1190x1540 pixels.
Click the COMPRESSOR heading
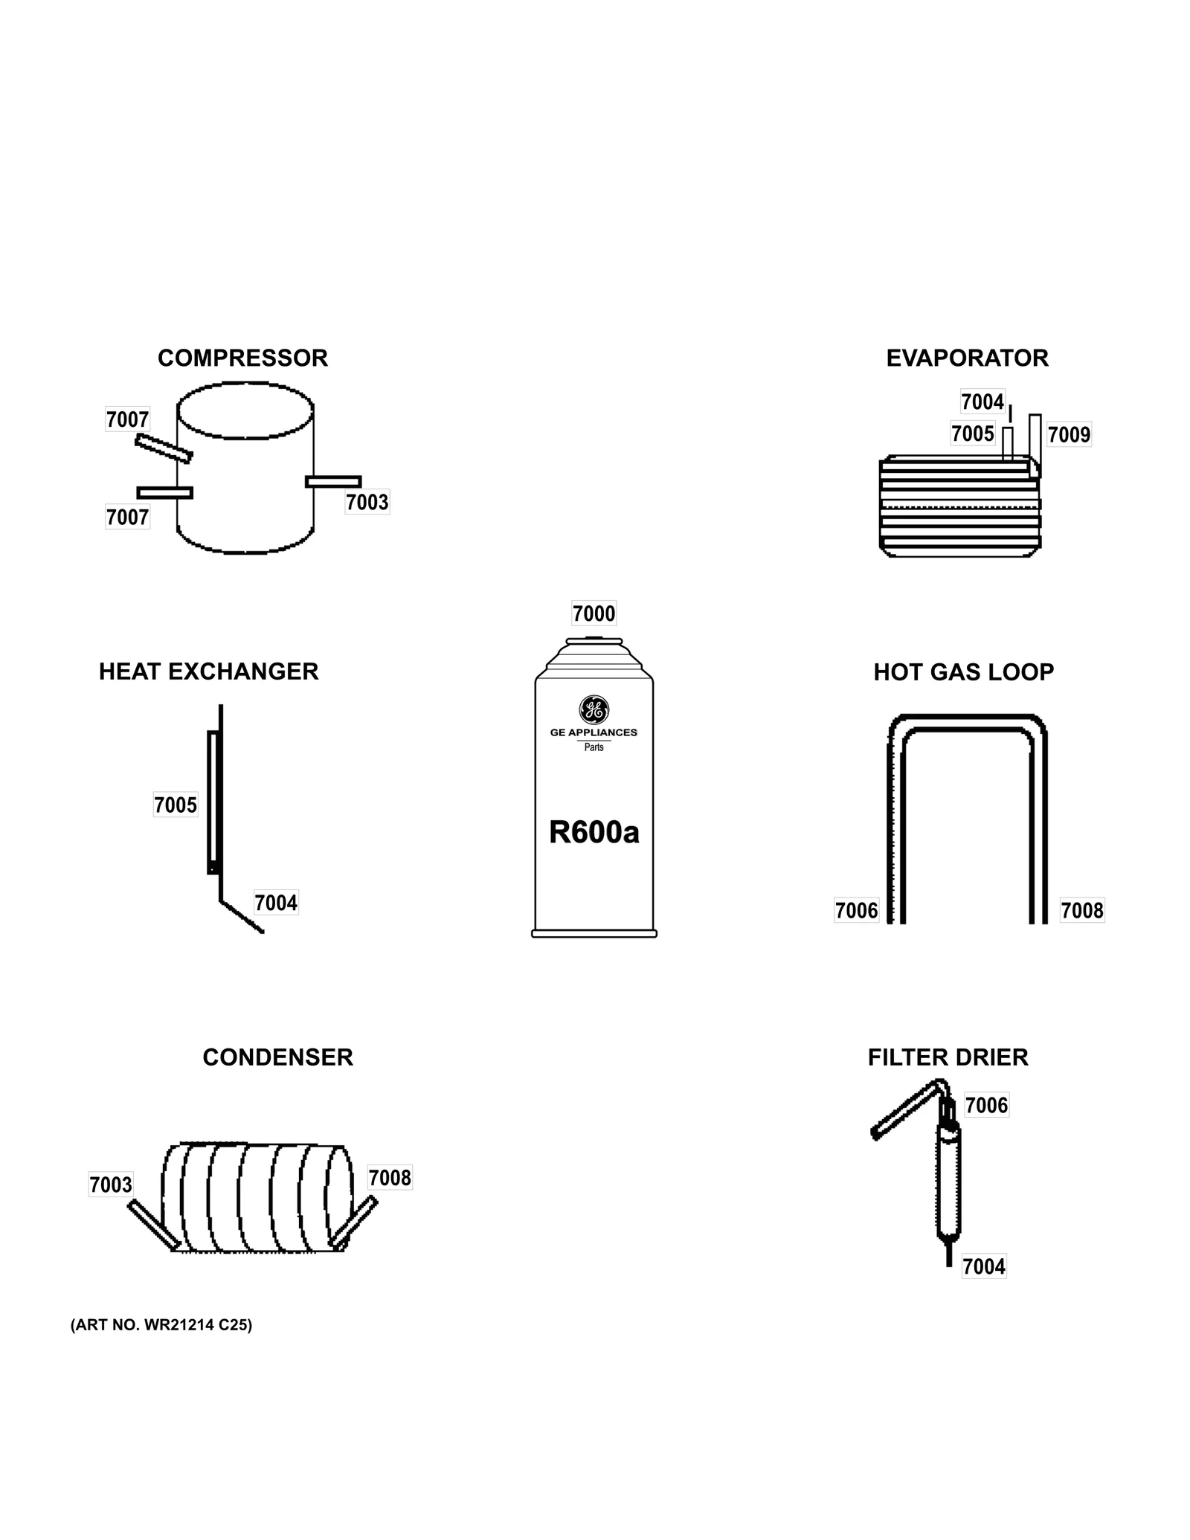pos(242,358)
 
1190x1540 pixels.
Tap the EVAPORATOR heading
pos(967,358)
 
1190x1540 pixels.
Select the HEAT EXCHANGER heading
pos(208,671)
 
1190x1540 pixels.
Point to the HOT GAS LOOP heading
pos(963,672)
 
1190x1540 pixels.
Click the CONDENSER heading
pos(277,1057)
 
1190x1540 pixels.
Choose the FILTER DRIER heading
pos(948,1057)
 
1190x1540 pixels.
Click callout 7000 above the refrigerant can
pos(594,614)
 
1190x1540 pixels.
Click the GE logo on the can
pos(594,709)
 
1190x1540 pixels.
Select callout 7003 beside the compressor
pos(367,503)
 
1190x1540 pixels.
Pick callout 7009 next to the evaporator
pos(1069,435)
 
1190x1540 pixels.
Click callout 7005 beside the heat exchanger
pos(176,805)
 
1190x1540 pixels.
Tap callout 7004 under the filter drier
pos(983,1266)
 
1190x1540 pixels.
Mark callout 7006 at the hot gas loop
pos(856,910)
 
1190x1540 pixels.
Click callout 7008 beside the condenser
pos(390,1178)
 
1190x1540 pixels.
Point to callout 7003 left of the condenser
pos(111,1185)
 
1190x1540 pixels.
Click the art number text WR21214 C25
pos(161,1325)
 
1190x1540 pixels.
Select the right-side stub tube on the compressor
pos(333,482)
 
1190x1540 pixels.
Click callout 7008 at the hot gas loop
pos(1082,910)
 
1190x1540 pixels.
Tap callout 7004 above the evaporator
pos(982,402)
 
